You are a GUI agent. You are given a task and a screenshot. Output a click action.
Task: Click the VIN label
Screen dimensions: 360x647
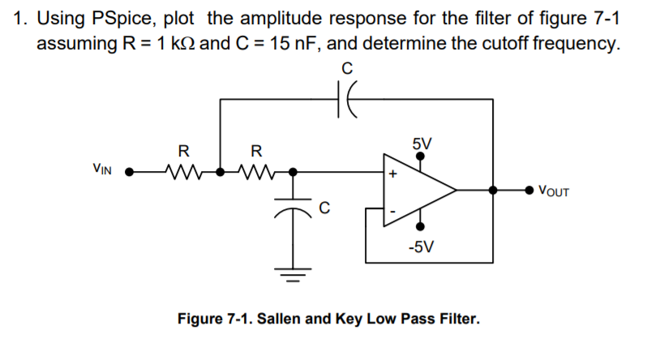[x=102, y=171]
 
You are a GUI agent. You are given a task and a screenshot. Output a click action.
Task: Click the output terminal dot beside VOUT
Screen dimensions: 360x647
[x=531, y=191]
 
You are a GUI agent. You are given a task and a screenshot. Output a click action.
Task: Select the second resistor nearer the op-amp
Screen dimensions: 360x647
[x=256, y=172]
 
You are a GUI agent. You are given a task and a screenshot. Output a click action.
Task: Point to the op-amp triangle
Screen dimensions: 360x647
[x=418, y=191]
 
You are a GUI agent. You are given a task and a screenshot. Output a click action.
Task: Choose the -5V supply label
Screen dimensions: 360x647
[x=422, y=246]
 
